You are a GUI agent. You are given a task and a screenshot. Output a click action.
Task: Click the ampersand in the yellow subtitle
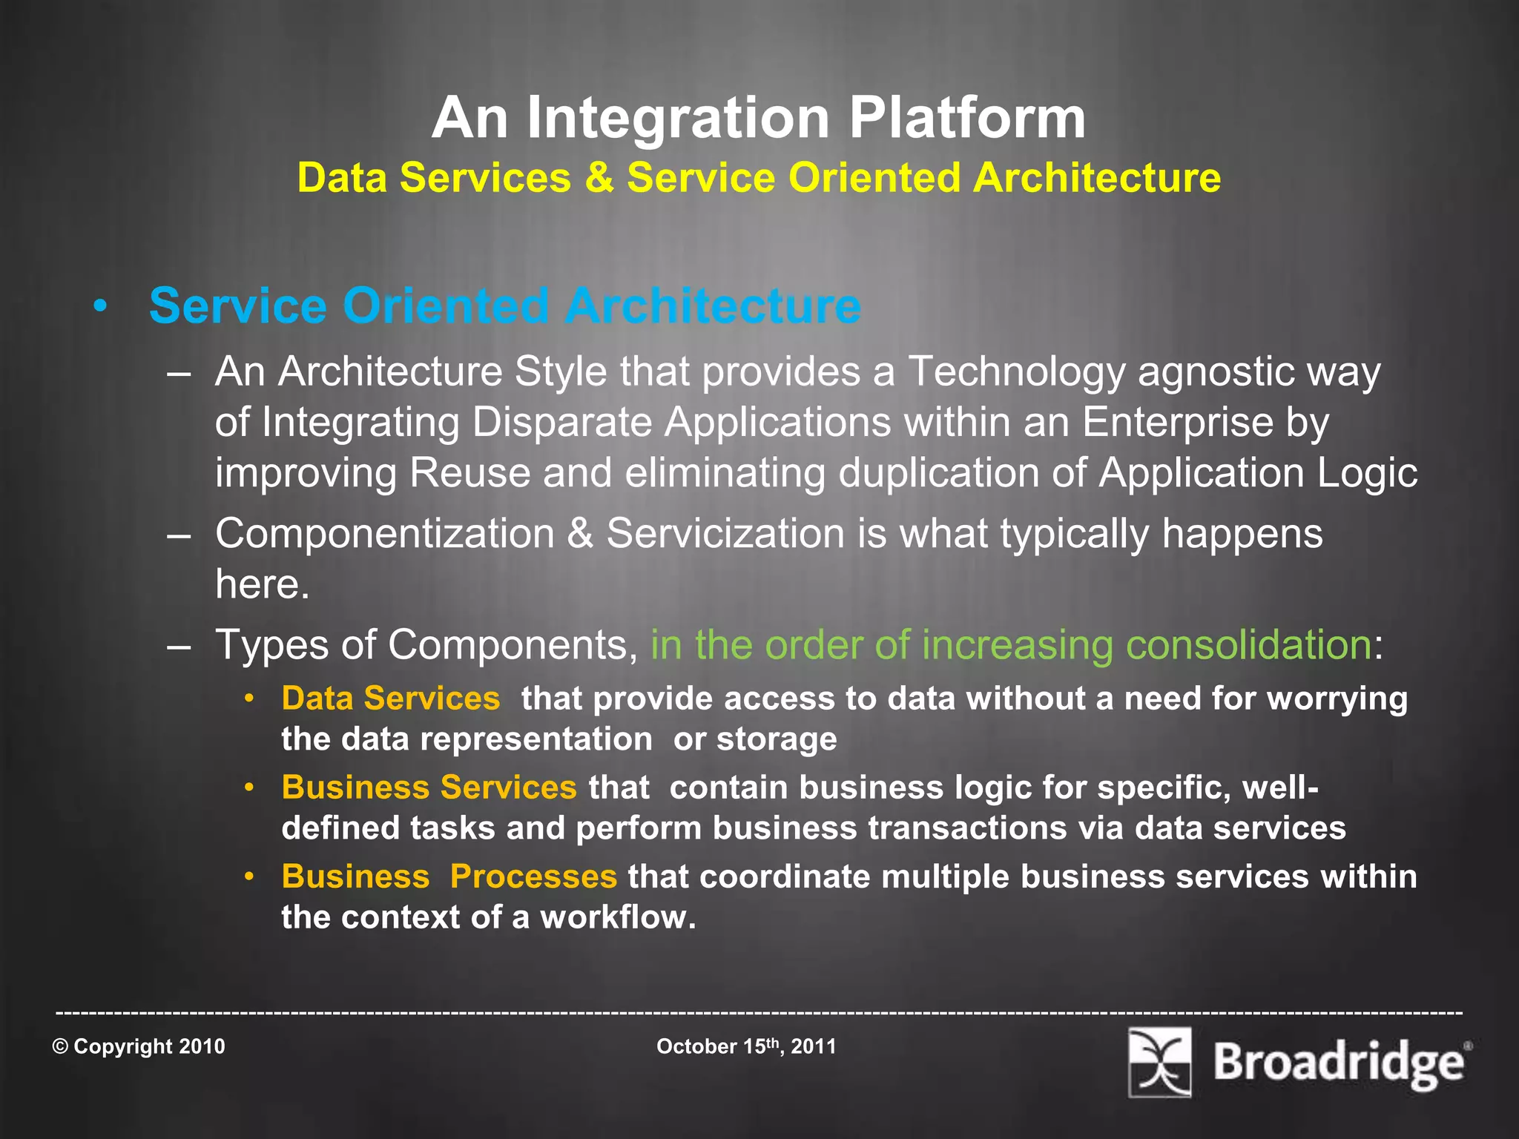pyautogui.click(x=599, y=179)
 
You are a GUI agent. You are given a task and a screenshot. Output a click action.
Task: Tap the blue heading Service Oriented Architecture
pyautogui.click(x=504, y=306)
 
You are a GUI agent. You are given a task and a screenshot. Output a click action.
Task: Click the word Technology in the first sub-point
pyautogui.click(x=1017, y=372)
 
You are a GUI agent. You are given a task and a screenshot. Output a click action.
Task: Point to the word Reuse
pyautogui.click(x=469, y=473)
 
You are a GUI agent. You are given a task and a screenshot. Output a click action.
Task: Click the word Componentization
pyautogui.click(x=385, y=534)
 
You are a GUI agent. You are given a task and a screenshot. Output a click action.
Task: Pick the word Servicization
pyautogui.click(x=725, y=534)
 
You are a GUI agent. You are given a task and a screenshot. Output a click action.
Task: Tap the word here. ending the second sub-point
pyautogui.click(x=262, y=584)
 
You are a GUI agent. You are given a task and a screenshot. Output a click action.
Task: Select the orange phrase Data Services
pyautogui.click(x=391, y=699)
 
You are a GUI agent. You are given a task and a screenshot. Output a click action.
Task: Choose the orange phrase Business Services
pyautogui.click(x=429, y=788)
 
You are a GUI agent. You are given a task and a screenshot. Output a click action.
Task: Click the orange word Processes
pyautogui.click(x=533, y=876)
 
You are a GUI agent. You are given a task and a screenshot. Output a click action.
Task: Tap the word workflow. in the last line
pyautogui.click(x=618, y=917)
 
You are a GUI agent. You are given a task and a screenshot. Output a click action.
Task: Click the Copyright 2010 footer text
pyautogui.click(x=139, y=1046)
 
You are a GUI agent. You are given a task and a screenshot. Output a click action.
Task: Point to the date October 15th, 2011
pyautogui.click(x=746, y=1046)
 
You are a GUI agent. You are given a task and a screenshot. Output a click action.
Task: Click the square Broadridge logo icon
pyautogui.click(x=1159, y=1062)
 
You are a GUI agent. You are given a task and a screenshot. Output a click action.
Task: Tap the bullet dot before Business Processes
pyautogui.click(x=250, y=876)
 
